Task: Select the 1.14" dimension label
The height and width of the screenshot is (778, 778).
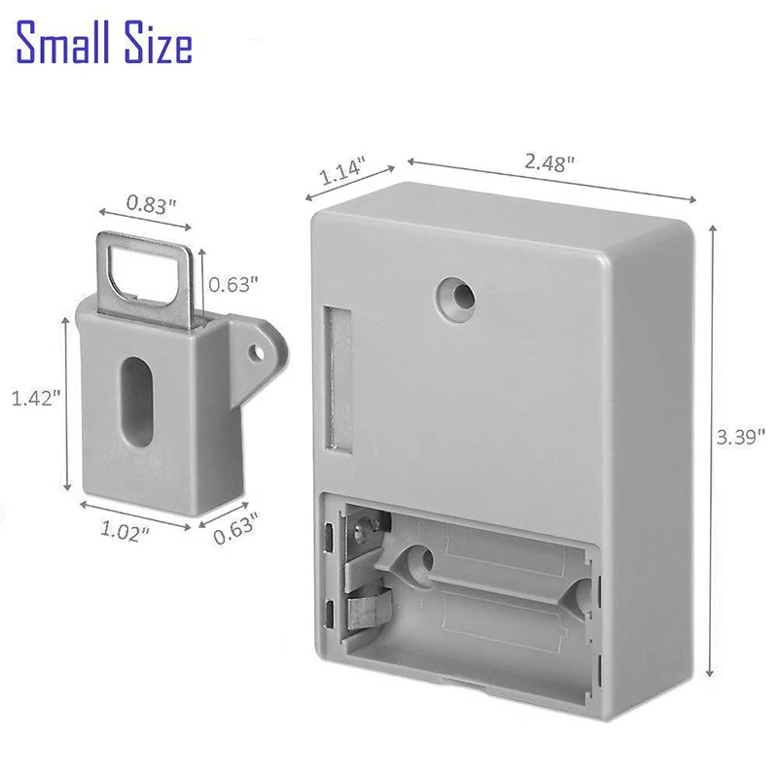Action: click(340, 174)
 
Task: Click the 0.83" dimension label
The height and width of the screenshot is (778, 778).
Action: click(152, 204)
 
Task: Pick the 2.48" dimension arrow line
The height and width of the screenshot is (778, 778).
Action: click(550, 179)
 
